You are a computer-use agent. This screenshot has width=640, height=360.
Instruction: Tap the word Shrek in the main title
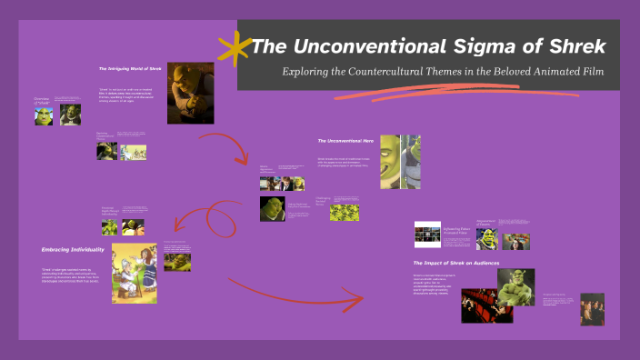[575, 45]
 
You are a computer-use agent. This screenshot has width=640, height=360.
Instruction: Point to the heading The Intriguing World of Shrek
[130, 68]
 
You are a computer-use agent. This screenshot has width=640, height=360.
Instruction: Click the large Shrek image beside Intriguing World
[189, 91]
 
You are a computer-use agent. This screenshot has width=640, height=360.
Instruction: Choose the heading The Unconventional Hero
[346, 141]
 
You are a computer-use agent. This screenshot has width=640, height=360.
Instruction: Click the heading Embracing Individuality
[73, 248]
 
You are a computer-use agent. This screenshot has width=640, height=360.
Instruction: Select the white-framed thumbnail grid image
[427, 235]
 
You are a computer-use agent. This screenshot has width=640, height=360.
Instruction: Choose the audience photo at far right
[592, 309]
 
